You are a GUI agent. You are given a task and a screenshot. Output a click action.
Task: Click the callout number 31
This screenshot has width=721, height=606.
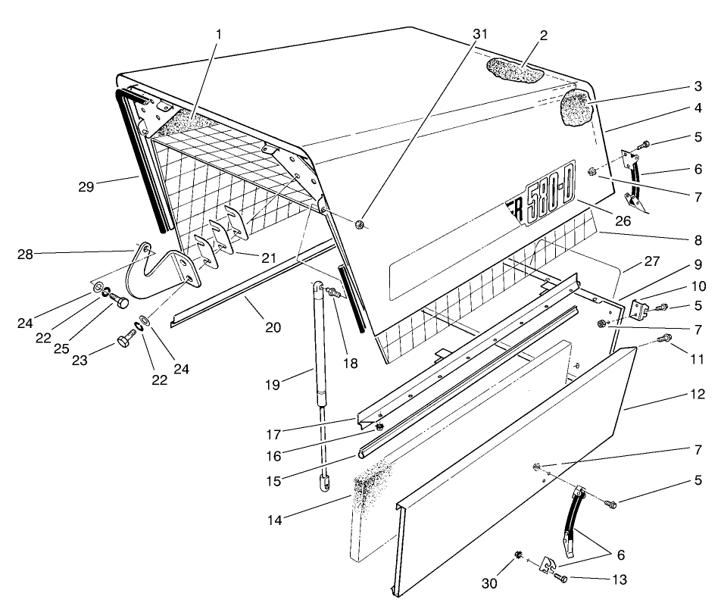(481, 35)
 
